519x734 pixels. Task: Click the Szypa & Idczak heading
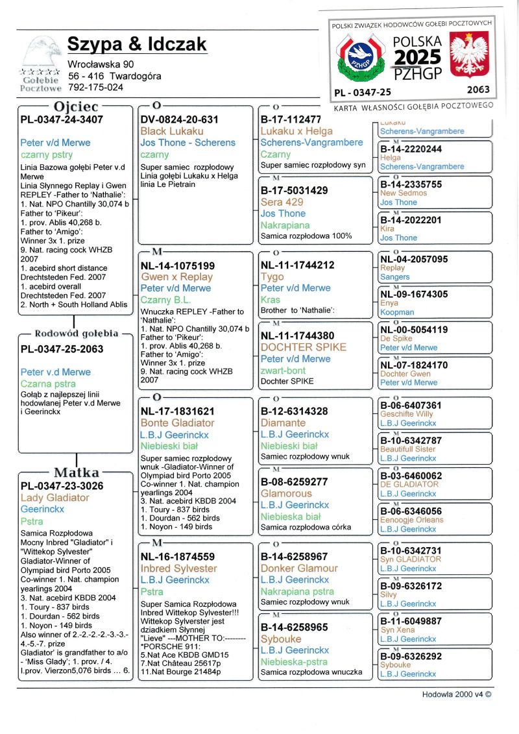click(137, 44)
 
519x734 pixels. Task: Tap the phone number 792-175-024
click(95, 87)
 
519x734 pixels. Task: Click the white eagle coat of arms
click(469, 56)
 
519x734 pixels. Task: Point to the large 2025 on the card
click(418, 57)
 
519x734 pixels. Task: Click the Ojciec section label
click(76, 106)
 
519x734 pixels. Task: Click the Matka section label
click(76, 472)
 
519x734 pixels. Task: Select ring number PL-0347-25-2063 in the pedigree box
click(62, 349)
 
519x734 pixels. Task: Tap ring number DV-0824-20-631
click(179, 120)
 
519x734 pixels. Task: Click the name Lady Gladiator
click(54, 498)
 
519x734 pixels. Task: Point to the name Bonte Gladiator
click(177, 423)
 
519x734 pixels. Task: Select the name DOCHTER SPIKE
click(304, 347)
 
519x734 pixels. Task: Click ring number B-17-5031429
click(294, 191)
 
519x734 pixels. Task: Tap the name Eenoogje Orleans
click(411, 520)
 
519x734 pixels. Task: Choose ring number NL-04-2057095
click(414, 259)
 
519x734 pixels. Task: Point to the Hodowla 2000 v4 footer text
click(456, 693)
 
